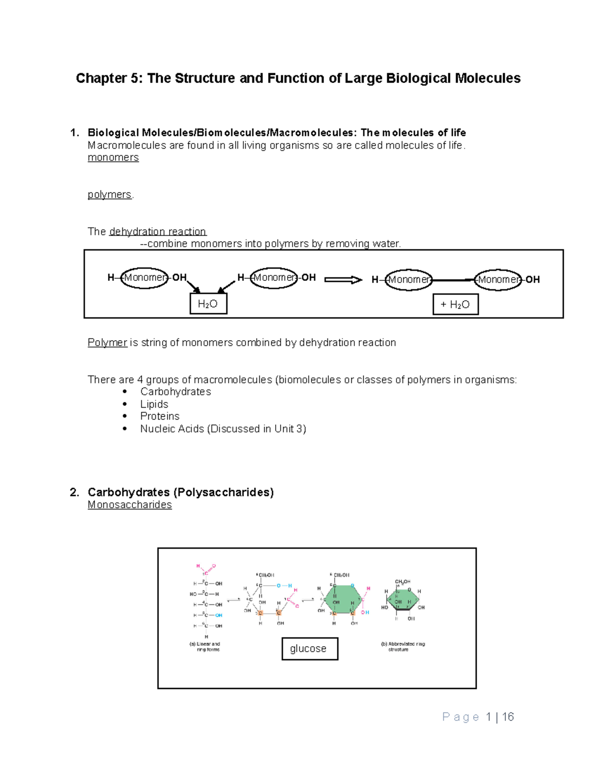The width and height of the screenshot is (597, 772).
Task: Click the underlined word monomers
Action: click(x=113, y=158)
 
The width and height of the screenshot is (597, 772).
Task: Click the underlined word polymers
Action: click(x=109, y=194)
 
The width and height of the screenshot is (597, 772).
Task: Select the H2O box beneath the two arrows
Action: click(x=208, y=304)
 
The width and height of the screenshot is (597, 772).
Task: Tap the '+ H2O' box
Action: click(x=455, y=304)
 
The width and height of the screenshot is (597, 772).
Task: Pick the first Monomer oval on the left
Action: click(x=144, y=277)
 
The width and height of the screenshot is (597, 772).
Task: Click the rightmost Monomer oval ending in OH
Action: click(x=498, y=279)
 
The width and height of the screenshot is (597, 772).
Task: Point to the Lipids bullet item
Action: click(x=154, y=404)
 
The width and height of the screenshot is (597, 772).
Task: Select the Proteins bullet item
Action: click(x=160, y=416)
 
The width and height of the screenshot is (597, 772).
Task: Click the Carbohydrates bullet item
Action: click(x=175, y=392)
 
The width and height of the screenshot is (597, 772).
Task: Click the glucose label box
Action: click(x=309, y=649)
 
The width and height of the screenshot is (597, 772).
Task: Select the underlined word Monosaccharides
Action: click(x=130, y=505)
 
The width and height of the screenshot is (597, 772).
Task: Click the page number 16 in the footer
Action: click(x=508, y=717)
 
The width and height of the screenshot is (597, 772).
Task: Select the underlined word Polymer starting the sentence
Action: click(x=107, y=343)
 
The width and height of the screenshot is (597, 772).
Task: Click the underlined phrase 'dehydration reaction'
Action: click(x=157, y=232)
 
